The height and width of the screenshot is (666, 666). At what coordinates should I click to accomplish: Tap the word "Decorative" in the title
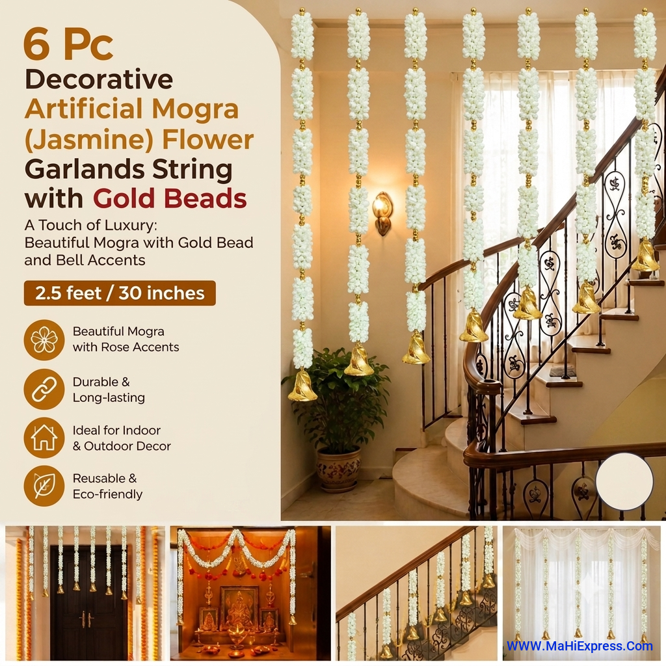tap(99, 79)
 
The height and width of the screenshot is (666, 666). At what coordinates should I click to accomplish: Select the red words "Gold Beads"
tap(170, 198)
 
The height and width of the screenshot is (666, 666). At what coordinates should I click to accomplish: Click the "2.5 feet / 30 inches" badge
tap(120, 293)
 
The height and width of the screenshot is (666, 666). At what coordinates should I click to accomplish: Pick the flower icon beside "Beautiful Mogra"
tap(44, 340)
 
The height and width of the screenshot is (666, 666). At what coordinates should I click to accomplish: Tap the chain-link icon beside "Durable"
tap(44, 390)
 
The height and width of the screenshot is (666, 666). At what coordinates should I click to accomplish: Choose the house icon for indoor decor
tap(44, 438)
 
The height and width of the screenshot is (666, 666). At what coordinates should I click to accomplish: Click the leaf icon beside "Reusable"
tap(44, 486)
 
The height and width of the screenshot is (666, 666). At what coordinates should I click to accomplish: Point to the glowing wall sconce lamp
tap(382, 213)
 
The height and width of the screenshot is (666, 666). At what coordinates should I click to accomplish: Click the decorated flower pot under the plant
tap(338, 468)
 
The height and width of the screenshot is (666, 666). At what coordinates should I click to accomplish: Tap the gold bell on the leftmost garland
tap(302, 386)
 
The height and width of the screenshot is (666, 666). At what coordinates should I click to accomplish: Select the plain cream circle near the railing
tap(624, 481)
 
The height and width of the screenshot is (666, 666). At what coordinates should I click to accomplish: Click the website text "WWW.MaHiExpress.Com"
tap(579, 646)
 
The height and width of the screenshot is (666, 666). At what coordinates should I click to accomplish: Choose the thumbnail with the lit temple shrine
tap(250, 593)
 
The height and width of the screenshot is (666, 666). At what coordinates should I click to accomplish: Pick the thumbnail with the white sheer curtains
tap(581, 593)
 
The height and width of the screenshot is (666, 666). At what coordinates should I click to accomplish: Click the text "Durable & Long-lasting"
tap(109, 390)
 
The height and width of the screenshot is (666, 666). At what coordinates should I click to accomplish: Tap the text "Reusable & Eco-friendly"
tap(107, 486)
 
